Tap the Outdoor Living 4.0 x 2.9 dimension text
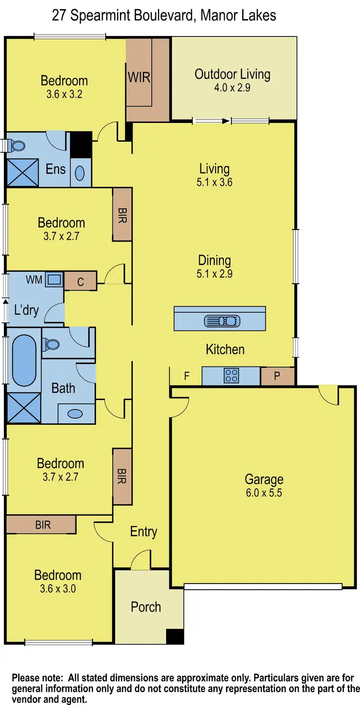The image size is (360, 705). tap(232, 88)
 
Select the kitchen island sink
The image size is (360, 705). tap(220, 320)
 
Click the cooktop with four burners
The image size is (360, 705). tap(231, 376)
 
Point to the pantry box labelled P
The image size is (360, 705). tap(277, 376)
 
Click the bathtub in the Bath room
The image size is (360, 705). tap(24, 360)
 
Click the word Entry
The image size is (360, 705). tap(144, 532)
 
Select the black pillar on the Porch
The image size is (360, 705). tap(175, 636)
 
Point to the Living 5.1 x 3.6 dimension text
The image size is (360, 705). tap(215, 182)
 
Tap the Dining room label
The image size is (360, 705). tap(215, 261)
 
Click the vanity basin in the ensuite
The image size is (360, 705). tap(80, 172)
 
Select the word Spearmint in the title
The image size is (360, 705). tap(107, 15)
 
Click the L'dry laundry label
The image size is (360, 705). tap(26, 310)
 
